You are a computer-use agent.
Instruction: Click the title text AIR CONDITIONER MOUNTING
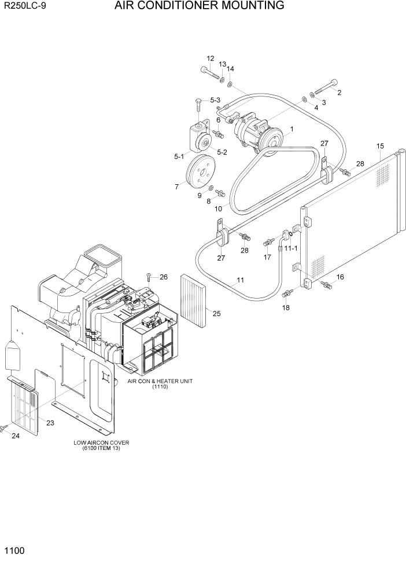[199, 6]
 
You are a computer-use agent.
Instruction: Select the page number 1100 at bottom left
[15, 551]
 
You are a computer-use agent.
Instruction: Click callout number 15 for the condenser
[380, 146]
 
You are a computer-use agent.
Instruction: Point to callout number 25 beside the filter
[216, 314]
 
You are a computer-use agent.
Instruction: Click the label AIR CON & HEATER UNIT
[160, 381]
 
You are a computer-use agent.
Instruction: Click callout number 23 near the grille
[50, 423]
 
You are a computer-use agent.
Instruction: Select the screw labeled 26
[149, 277]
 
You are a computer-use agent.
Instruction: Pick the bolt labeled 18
[286, 295]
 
